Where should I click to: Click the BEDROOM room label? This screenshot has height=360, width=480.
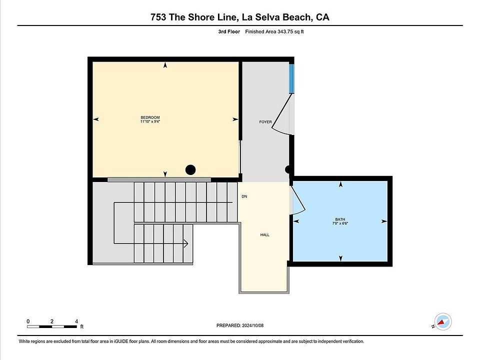pos(150,117)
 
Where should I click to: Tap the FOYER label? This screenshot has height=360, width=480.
pos(265,122)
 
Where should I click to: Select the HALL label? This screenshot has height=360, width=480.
pos(265,235)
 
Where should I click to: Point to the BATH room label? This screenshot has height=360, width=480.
pos(340,219)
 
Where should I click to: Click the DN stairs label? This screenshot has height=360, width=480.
pos(244,196)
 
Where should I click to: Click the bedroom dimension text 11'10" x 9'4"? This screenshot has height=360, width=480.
pos(150,121)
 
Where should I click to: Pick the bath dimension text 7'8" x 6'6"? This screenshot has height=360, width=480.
pos(340,223)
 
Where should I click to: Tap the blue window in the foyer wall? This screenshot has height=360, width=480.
pos(291,78)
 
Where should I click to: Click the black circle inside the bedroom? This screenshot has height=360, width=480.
pos(190,169)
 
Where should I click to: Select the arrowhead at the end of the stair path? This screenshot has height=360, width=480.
pos(186,243)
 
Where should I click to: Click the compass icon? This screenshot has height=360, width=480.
pos(442,321)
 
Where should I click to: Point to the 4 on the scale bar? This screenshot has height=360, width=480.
pos(76,321)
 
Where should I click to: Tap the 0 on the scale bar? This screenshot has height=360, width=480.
pos(28,321)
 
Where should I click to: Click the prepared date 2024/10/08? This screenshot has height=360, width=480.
pos(252,325)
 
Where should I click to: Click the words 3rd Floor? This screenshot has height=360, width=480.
pos(229,31)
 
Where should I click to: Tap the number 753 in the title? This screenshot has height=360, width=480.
pos(158,17)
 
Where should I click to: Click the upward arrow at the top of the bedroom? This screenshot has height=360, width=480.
pos(165,65)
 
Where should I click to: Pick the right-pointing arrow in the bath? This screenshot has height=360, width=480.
pos(384,221)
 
